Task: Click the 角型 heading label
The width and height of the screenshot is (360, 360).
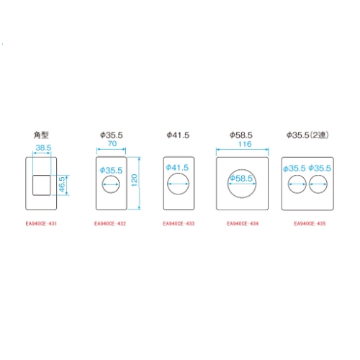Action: point(41,135)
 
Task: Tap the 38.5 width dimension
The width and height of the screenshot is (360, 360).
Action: point(43,148)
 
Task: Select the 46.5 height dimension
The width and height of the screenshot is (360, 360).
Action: point(62,184)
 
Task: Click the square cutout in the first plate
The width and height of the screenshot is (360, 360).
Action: point(42,185)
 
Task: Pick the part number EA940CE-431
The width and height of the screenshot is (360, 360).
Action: point(41,224)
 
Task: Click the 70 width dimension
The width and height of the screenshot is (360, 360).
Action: point(112,143)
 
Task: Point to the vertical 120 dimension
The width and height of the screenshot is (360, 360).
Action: point(134,180)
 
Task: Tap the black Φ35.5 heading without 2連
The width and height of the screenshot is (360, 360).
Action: point(112,135)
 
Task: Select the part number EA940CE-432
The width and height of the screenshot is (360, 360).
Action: point(110,224)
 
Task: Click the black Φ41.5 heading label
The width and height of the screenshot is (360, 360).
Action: point(178,135)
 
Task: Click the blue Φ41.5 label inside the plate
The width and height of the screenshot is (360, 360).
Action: point(177,168)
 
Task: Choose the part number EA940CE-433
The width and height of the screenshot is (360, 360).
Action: point(179,224)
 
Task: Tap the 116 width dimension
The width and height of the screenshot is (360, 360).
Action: point(245,144)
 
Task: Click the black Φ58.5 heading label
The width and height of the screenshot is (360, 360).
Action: point(241,135)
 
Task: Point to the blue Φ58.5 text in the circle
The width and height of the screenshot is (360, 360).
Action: point(241,179)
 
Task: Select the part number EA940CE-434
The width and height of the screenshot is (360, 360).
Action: point(243,224)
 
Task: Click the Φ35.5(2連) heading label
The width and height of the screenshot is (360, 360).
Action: point(307,135)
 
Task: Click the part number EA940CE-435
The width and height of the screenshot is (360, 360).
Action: point(310,224)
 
